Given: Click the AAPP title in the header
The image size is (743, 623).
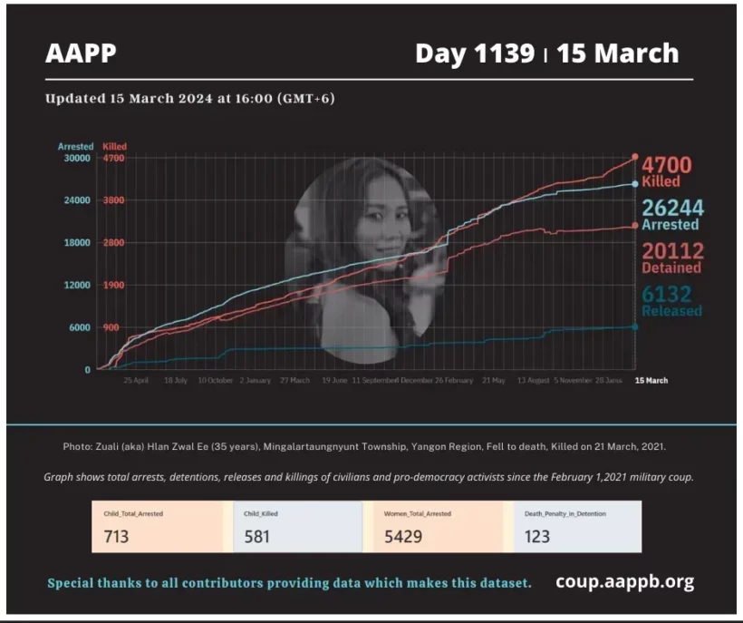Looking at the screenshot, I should [x=81, y=54].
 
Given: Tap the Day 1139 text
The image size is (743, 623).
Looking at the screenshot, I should [x=474, y=54].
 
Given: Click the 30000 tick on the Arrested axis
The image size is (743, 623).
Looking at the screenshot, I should [x=76, y=158].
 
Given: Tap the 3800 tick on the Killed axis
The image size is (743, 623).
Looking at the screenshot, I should [x=113, y=200].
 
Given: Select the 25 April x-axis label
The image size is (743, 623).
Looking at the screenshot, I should [x=136, y=381].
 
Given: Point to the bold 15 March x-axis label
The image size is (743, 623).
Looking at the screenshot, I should [x=651, y=381].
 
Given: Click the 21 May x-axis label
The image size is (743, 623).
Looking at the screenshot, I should [x=494, y=381].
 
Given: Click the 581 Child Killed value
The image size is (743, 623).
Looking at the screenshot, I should [x=258, y=536].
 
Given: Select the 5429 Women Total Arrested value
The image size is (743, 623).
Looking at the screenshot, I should [x=403, y=536].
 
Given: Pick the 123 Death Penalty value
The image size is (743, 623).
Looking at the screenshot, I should [x=537, y=536].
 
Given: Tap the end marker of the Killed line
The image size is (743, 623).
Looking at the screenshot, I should [x=635, y=157].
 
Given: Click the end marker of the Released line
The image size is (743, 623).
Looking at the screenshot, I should [x=634, y=326].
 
